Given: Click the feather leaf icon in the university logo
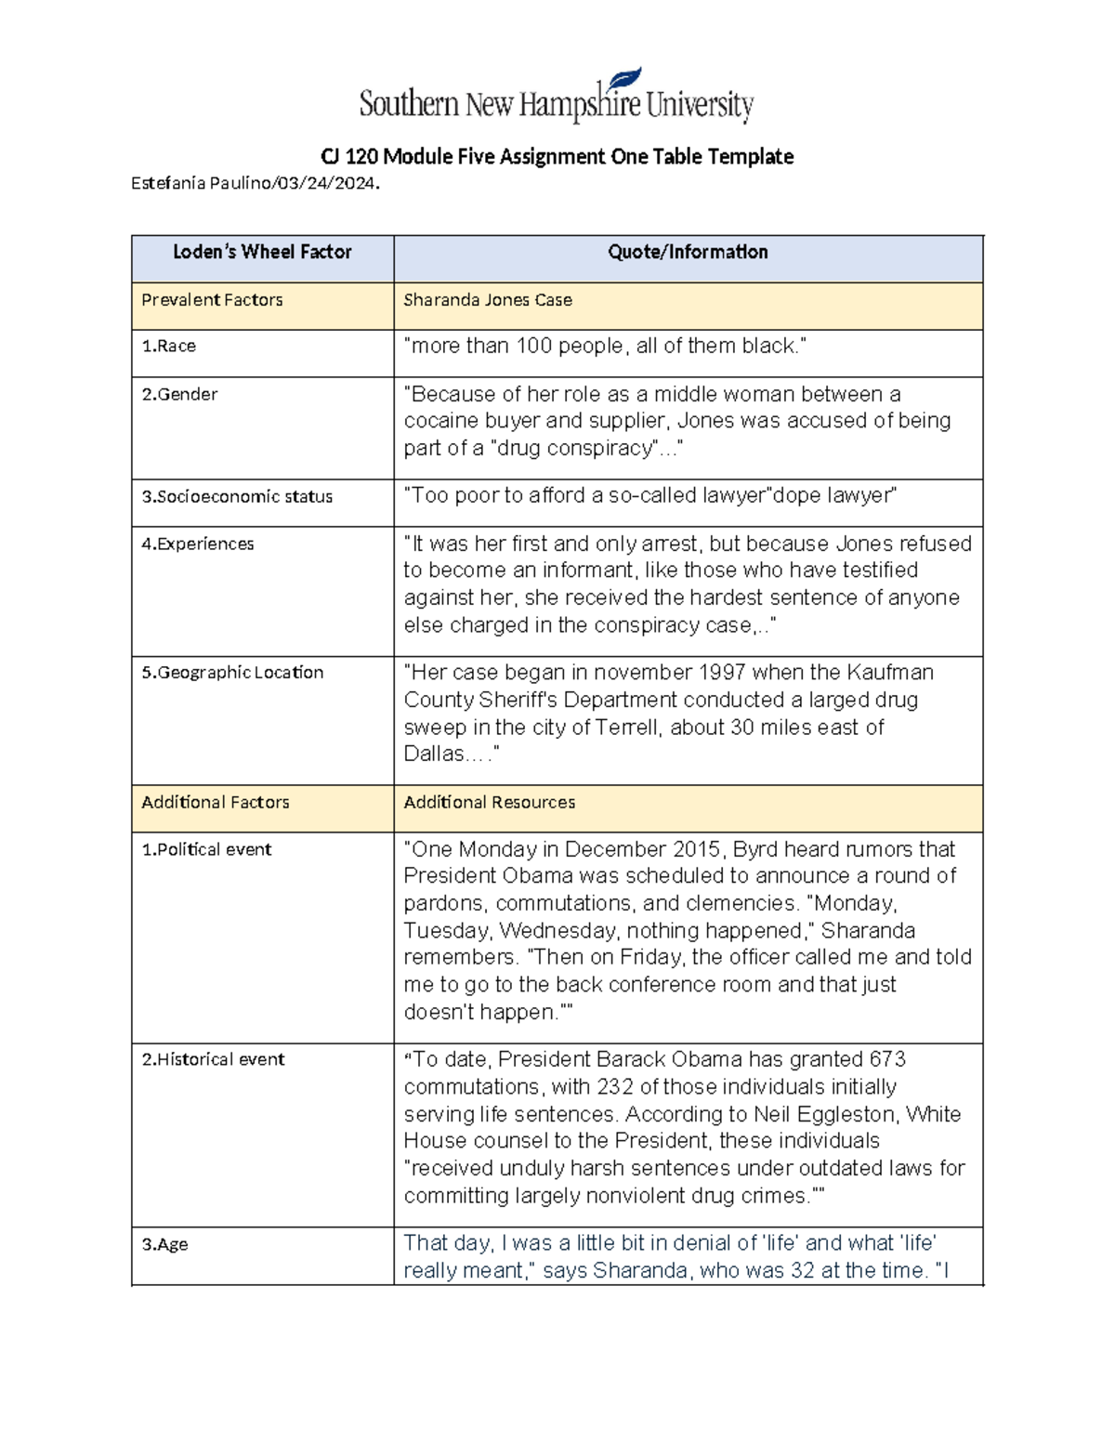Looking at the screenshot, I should [626, 81].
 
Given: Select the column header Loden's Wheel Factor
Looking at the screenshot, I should [262, 252].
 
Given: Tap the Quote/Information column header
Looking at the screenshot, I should [688, 252].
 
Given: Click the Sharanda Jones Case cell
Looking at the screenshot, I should [487, 300].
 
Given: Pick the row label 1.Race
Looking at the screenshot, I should [168, 347].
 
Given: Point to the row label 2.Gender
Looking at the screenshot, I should [179, 394].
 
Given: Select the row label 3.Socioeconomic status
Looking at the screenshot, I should [236, 497].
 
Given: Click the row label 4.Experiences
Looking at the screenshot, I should [197, 544].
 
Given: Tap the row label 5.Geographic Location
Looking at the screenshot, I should [231, 673].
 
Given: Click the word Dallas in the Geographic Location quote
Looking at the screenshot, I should [433, 754].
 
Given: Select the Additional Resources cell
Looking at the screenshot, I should [489, 803].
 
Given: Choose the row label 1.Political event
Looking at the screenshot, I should [206, 850].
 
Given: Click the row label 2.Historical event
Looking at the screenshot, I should [213, 1060].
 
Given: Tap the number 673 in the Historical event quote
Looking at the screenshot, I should [887, 1060].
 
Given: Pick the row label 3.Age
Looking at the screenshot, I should [164, 1245].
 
